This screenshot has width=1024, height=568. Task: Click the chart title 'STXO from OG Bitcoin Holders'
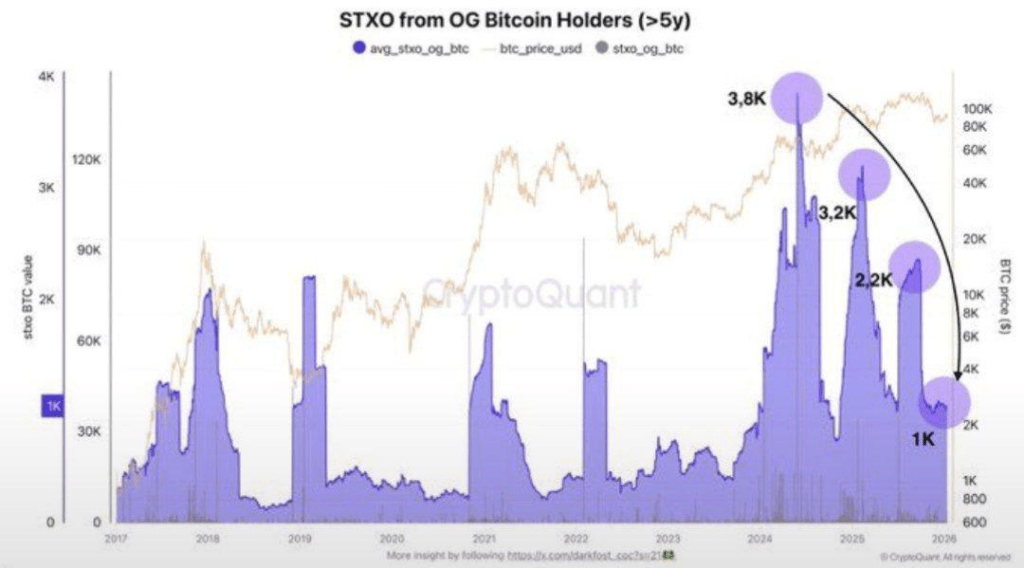tap(511, 20)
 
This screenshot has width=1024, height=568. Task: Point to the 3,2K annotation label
tap(837, 213)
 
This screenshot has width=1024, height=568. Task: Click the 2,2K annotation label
tap(872, 281)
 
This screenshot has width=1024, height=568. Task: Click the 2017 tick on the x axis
tap(117, 538)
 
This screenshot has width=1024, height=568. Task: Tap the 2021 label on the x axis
tap(484, 538)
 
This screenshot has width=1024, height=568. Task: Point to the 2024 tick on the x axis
tap(760, 538)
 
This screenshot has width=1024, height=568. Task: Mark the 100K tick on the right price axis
tap(976, 108)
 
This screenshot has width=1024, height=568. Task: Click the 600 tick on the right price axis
tap(975, 522)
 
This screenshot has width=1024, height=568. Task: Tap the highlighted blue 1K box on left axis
tap(52, 405)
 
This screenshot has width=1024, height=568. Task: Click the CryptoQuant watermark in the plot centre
tap(531, 294)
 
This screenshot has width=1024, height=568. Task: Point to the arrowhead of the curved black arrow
tap(957, 376)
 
